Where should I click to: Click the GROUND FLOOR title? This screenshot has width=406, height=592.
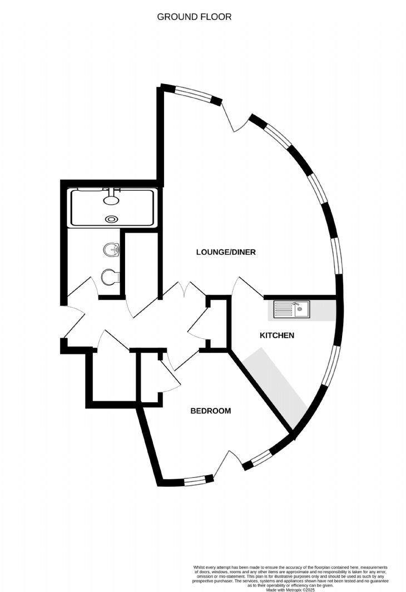194,17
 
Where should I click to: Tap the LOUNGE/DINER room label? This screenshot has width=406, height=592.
226,252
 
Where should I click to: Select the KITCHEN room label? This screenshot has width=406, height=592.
277,336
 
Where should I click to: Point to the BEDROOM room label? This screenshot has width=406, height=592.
211,411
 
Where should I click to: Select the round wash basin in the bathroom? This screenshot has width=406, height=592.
112,250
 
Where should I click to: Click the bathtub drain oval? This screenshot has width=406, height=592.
112,218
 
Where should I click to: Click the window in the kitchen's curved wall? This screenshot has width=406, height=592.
330,366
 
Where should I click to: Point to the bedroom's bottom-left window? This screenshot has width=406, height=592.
195,481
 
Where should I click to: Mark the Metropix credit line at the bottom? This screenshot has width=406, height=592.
290,590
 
